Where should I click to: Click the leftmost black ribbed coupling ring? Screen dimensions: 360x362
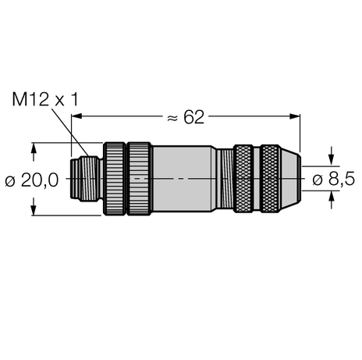coord(115,179)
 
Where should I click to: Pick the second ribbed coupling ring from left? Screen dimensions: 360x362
coord(140,179)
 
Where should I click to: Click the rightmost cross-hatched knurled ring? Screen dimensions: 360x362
coord(271,179)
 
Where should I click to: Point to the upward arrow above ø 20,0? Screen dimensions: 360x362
coord(34,148)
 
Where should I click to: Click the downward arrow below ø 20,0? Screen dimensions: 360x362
coord(34,209)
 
